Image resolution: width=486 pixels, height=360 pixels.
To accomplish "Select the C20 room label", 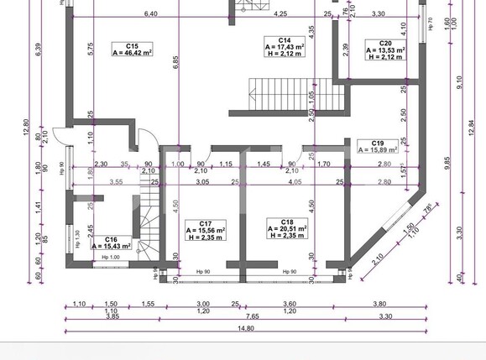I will coord(385,43).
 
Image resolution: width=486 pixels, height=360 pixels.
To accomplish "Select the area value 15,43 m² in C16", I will coord(111,246).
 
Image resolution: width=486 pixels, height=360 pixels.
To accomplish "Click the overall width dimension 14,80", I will coord(244,329).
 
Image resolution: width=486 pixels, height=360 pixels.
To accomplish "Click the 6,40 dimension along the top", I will coord(150,14).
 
